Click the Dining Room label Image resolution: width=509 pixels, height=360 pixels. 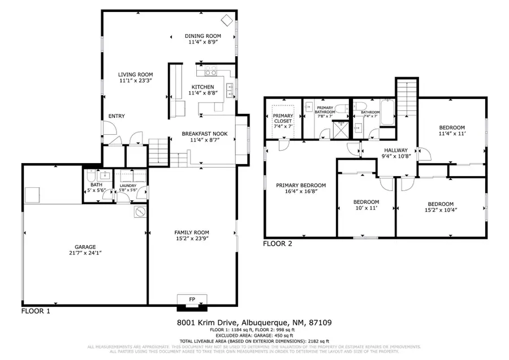coord(202,36)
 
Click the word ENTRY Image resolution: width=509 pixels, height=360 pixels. coord(117,116)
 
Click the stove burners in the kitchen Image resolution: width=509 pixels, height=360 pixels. coord(211,71)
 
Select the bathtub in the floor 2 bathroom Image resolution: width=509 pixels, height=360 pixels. coord(388,113)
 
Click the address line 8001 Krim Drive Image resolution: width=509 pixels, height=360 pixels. coord(254,323)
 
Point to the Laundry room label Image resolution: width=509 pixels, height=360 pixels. coord(128,185)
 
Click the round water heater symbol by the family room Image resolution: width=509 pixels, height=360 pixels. coord(139,212)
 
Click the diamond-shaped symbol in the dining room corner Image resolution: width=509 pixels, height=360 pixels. coord(227,20)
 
